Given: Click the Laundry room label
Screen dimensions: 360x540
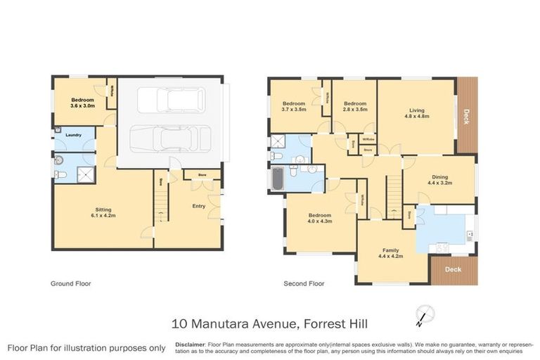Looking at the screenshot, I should (x=74, y=135).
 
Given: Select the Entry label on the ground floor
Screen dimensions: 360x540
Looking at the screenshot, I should (x=199, y=206).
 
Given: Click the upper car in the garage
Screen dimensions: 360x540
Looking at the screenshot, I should (x=171, y=100).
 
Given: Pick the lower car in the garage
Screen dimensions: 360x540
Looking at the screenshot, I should (x=171, y=138).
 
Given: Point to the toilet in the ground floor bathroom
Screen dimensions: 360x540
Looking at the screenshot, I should (x=60, y=174).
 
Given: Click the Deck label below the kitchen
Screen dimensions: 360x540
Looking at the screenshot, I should (x=453, y=269).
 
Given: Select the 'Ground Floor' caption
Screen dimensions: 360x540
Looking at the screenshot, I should (x=70, y=284).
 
